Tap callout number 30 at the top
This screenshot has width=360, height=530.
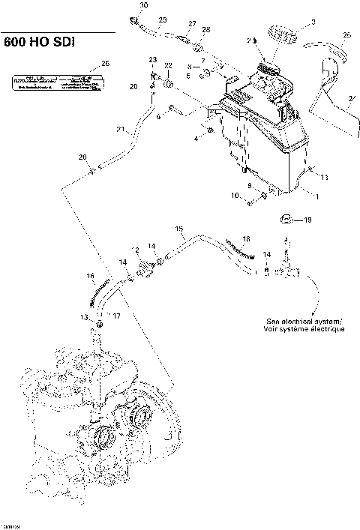click(x=144, y=6)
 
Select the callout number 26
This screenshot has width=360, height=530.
click(x=105, y=64)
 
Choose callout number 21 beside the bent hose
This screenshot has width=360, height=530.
click(x=119, y=130)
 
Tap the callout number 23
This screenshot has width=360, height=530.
click(x=152, y=59)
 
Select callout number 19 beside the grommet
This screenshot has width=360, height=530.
click(x=307, y=220)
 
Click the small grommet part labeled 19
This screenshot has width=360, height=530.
click(x=286, y=220)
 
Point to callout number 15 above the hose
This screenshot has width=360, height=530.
click(x=179, y=228)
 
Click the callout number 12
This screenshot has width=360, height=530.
click(x=135, y=249)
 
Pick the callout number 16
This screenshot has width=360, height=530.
click(x=91, y=277)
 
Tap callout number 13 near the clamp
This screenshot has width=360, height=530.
click(x=85, y=318)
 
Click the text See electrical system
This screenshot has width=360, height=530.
click(x=303, y=320)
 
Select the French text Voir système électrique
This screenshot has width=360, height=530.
click(x=304, y=330)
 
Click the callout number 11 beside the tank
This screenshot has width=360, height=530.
click(x=325, y=177)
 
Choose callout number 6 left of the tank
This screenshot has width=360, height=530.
click(x=159, y=116)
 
